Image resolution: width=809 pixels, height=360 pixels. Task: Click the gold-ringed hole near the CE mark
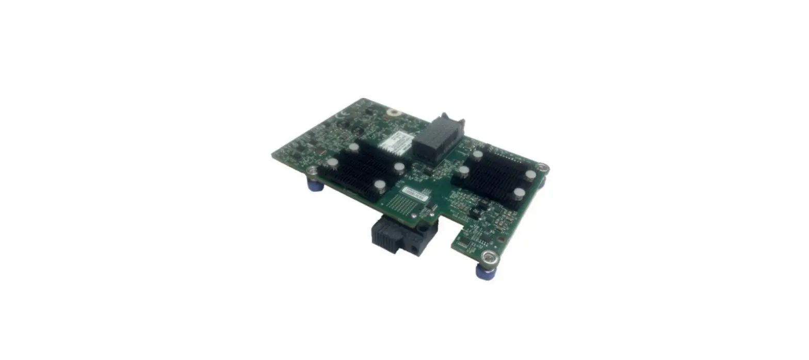click(x=393, y=111)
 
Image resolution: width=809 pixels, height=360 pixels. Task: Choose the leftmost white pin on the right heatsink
click(x=464, y=170)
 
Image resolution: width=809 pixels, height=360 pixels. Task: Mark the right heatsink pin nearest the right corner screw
click(x=530, y=175)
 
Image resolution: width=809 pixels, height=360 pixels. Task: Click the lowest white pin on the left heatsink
click(x=379, y=186)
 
